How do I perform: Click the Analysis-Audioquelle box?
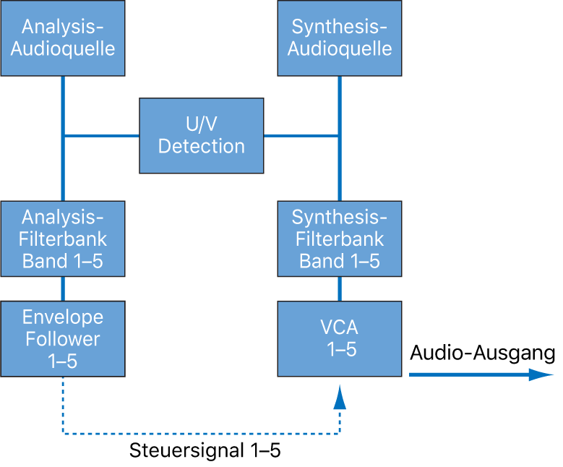pos(62,38)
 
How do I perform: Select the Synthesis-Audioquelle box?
pos(340,38)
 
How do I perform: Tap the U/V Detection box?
pos(201,136)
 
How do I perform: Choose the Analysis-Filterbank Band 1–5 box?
pos(62,239)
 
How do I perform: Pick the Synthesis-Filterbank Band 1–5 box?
pos(340,239)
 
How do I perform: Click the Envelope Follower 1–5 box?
pos(62,338)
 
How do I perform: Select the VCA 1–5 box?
pos(340,338)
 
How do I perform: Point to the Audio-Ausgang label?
pos(482,353)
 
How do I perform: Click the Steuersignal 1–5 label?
pos(205,451)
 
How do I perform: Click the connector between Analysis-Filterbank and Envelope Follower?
pos(63,289)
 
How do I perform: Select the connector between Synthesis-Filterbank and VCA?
pos(340,289)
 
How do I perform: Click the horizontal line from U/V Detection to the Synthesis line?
pos(301,135)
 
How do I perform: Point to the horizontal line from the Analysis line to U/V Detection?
pos(101,135)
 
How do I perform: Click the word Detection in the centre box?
pos(201,146)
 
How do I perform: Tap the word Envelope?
pos(62,317)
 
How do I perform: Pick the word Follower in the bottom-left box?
pos(62,338)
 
